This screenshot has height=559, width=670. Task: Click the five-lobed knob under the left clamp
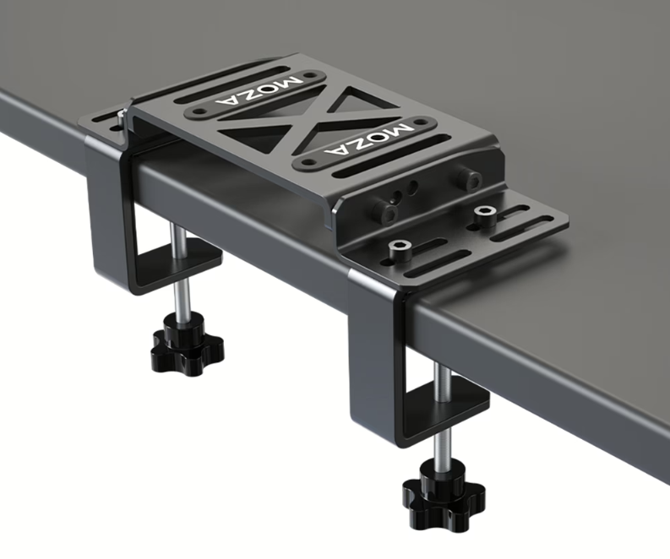(187, 344)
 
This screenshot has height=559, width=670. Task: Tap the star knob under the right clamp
(444, 493)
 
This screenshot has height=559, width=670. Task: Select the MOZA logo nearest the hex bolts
(368, 139)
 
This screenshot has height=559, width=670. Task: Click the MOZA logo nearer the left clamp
(259, 91)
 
